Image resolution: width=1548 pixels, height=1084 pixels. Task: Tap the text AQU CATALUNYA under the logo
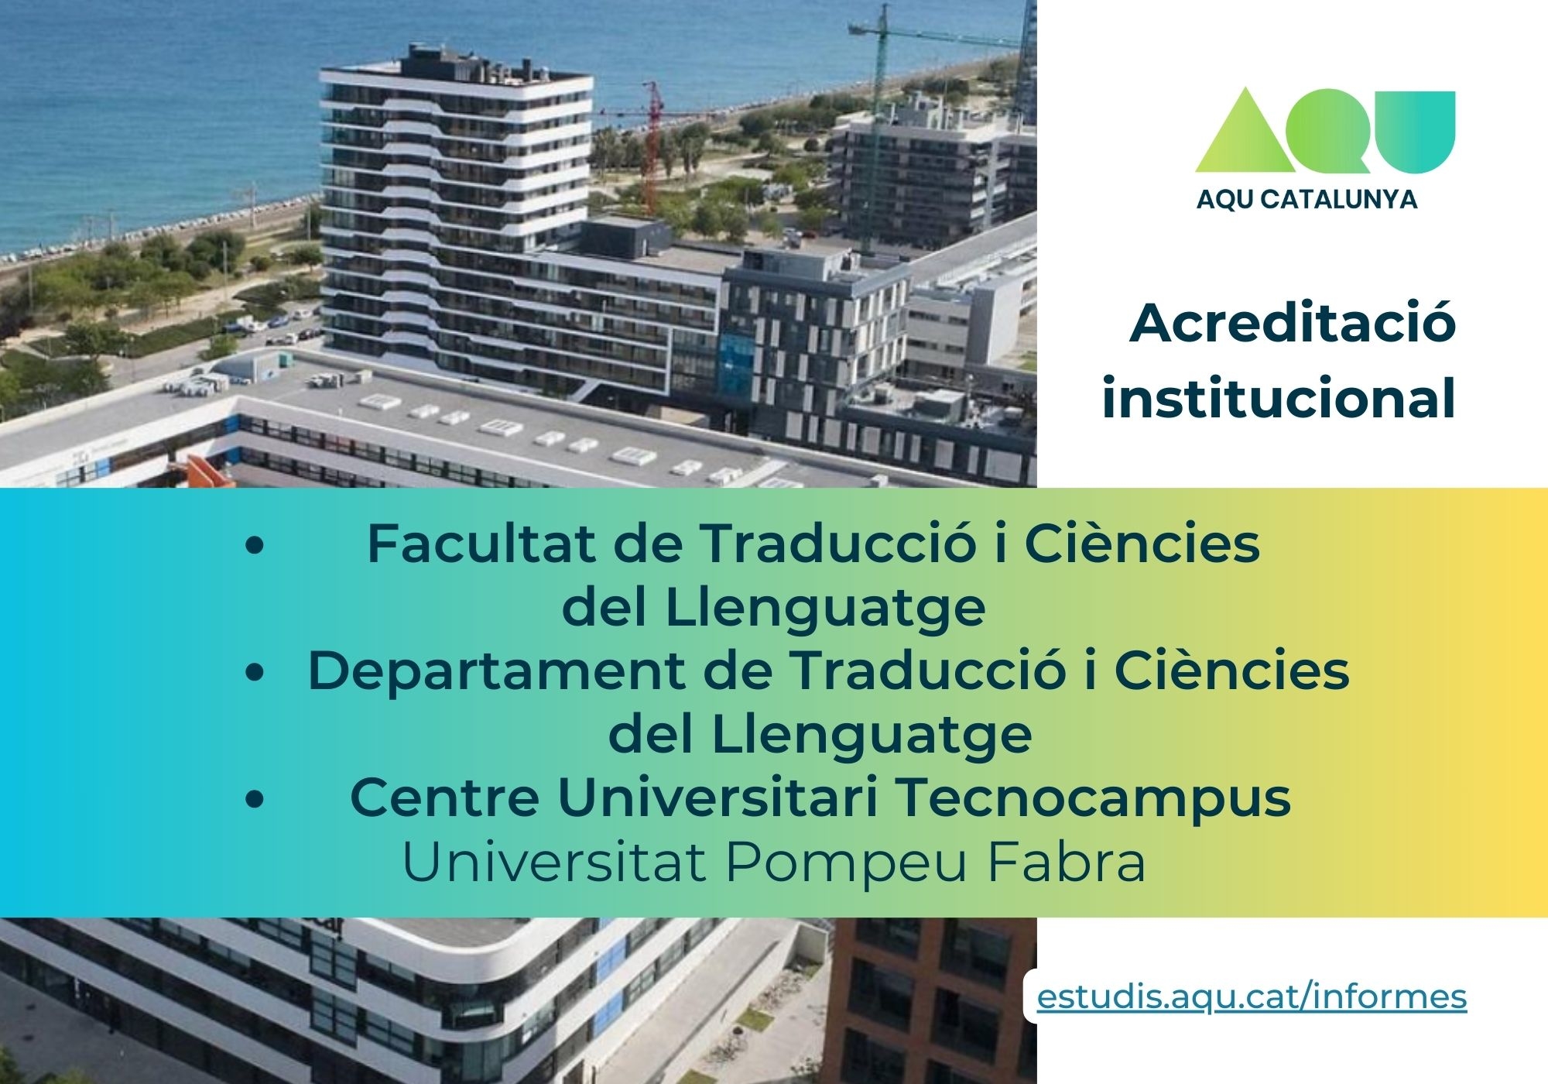(1307, 200)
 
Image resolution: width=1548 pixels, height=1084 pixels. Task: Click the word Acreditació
(1293, 323)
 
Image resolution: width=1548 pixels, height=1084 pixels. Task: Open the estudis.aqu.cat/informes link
(1252, 997)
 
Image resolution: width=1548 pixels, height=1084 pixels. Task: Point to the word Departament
(497, 671)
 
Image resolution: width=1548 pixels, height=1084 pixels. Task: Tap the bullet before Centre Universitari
(254, 800)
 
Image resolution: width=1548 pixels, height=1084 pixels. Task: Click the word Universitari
(717, 798)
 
